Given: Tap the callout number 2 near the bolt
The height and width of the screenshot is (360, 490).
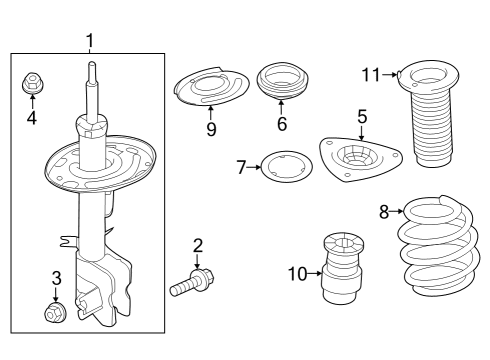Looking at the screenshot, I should click(197, 246).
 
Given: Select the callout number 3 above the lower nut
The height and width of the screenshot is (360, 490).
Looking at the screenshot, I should click(56, 279).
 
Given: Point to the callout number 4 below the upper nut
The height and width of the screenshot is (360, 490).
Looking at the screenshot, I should click(31, 118).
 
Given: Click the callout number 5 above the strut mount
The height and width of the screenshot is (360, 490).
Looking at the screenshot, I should click(362, 117).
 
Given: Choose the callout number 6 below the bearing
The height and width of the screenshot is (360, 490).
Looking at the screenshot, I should click(281, 124).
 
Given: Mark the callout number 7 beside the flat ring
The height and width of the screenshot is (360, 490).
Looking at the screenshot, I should click(241, 167).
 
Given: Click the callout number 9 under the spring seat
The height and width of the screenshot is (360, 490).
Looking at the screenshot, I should click(211, 130).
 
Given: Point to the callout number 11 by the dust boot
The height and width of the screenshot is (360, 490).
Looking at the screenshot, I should click(371, 74).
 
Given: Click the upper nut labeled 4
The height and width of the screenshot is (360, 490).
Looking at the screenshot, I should click(31, 84).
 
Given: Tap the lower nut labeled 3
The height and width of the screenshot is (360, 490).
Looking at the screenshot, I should click(56, 314).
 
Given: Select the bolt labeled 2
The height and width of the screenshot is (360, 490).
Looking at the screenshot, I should click(190, 283).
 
